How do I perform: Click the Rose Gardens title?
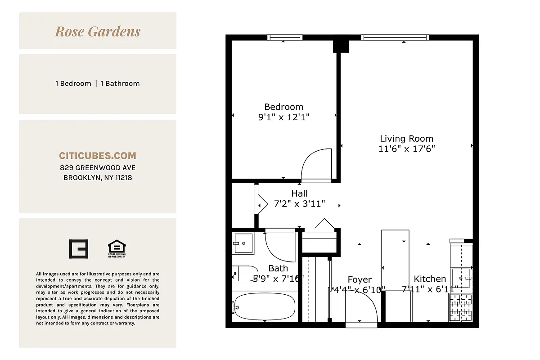(98, 31)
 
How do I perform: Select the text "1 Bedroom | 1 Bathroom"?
(98, 84)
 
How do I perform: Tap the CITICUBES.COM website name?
(98, 156)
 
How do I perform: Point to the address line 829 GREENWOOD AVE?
(98, 168)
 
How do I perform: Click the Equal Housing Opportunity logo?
(117, 249)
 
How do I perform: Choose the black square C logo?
(78, 249)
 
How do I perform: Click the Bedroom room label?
(283, 107)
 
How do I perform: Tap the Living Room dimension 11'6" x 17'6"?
(406, 149)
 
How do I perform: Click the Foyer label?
(360, 280)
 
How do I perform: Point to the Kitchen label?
(430, 279)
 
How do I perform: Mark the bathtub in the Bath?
(264, 306)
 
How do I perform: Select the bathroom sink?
(243, 243)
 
